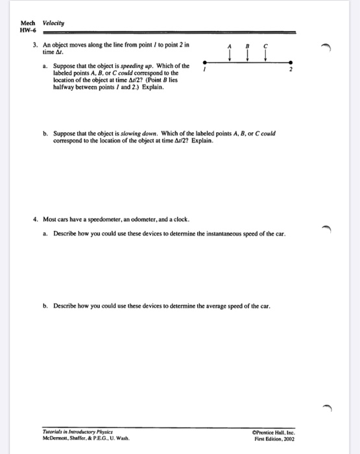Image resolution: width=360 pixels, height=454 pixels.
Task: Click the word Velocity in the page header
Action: [x=53, y=23]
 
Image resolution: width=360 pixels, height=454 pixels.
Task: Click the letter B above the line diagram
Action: [x=248, y=46]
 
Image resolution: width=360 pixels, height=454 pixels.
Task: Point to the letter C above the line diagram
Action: [x=265, y=46]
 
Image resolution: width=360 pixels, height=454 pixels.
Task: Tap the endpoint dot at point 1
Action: [x=206, y=62]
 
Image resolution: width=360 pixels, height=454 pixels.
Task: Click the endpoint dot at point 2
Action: [x=292, y=62]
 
